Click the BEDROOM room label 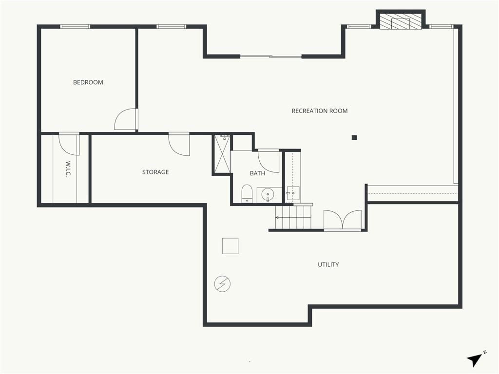coord(88,82)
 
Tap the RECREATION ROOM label coord(320,111)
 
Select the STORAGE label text coord(155,172)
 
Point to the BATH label coord(257,173)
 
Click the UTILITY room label coord(328,264)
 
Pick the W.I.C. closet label coord(68,168)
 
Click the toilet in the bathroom coord(247,194)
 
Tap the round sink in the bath coord(268,194)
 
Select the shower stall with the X coord(222,153)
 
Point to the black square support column coord(354,138)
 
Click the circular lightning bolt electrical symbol coord(222,284)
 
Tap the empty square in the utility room coord(230,246)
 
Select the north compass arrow coord(475,359)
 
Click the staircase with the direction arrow coord(293,217)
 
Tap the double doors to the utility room coord(343,220)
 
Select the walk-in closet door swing coord(69,144)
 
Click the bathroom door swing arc coord(269,161)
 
